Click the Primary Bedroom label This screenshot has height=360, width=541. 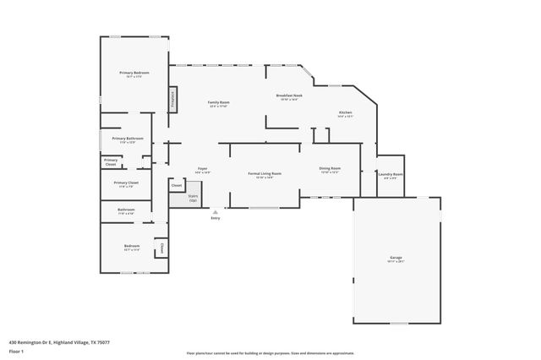134,73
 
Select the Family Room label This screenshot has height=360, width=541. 219,102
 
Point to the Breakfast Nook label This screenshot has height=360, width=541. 289,95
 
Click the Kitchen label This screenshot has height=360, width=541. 345,112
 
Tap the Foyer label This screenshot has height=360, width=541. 203,168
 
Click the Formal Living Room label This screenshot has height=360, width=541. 265,173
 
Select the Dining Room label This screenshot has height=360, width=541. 330,168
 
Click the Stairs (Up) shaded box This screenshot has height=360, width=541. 181,198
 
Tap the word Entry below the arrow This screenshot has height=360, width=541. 216,218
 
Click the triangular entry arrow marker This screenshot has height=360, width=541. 216,211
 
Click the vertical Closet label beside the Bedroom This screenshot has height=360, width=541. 161,248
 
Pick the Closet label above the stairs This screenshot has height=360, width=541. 177,184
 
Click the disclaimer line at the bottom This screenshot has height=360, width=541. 270,352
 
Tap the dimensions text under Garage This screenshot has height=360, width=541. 396,262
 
